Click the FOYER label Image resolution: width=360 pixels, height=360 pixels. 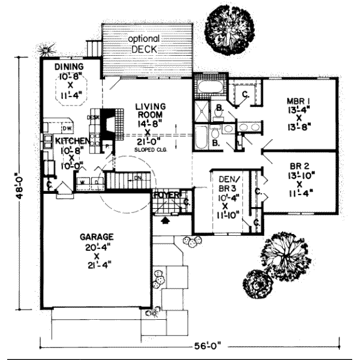164,195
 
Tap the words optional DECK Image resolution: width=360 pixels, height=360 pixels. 143,43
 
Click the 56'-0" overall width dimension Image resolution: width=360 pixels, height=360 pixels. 206,346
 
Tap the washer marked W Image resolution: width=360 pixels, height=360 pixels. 83,181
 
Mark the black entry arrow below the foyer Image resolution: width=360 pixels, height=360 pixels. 166,221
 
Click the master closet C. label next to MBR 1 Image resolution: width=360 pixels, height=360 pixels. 245,94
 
